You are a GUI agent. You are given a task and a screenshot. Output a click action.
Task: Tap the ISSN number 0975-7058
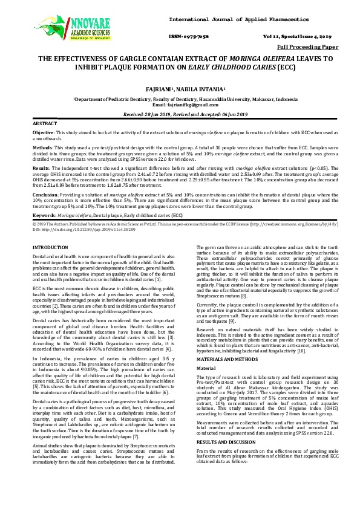(x=194, y=36)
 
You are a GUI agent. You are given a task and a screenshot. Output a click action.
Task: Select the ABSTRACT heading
(x=45, y=123)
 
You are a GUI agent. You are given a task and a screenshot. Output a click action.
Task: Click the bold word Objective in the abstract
(x=44, y=132)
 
